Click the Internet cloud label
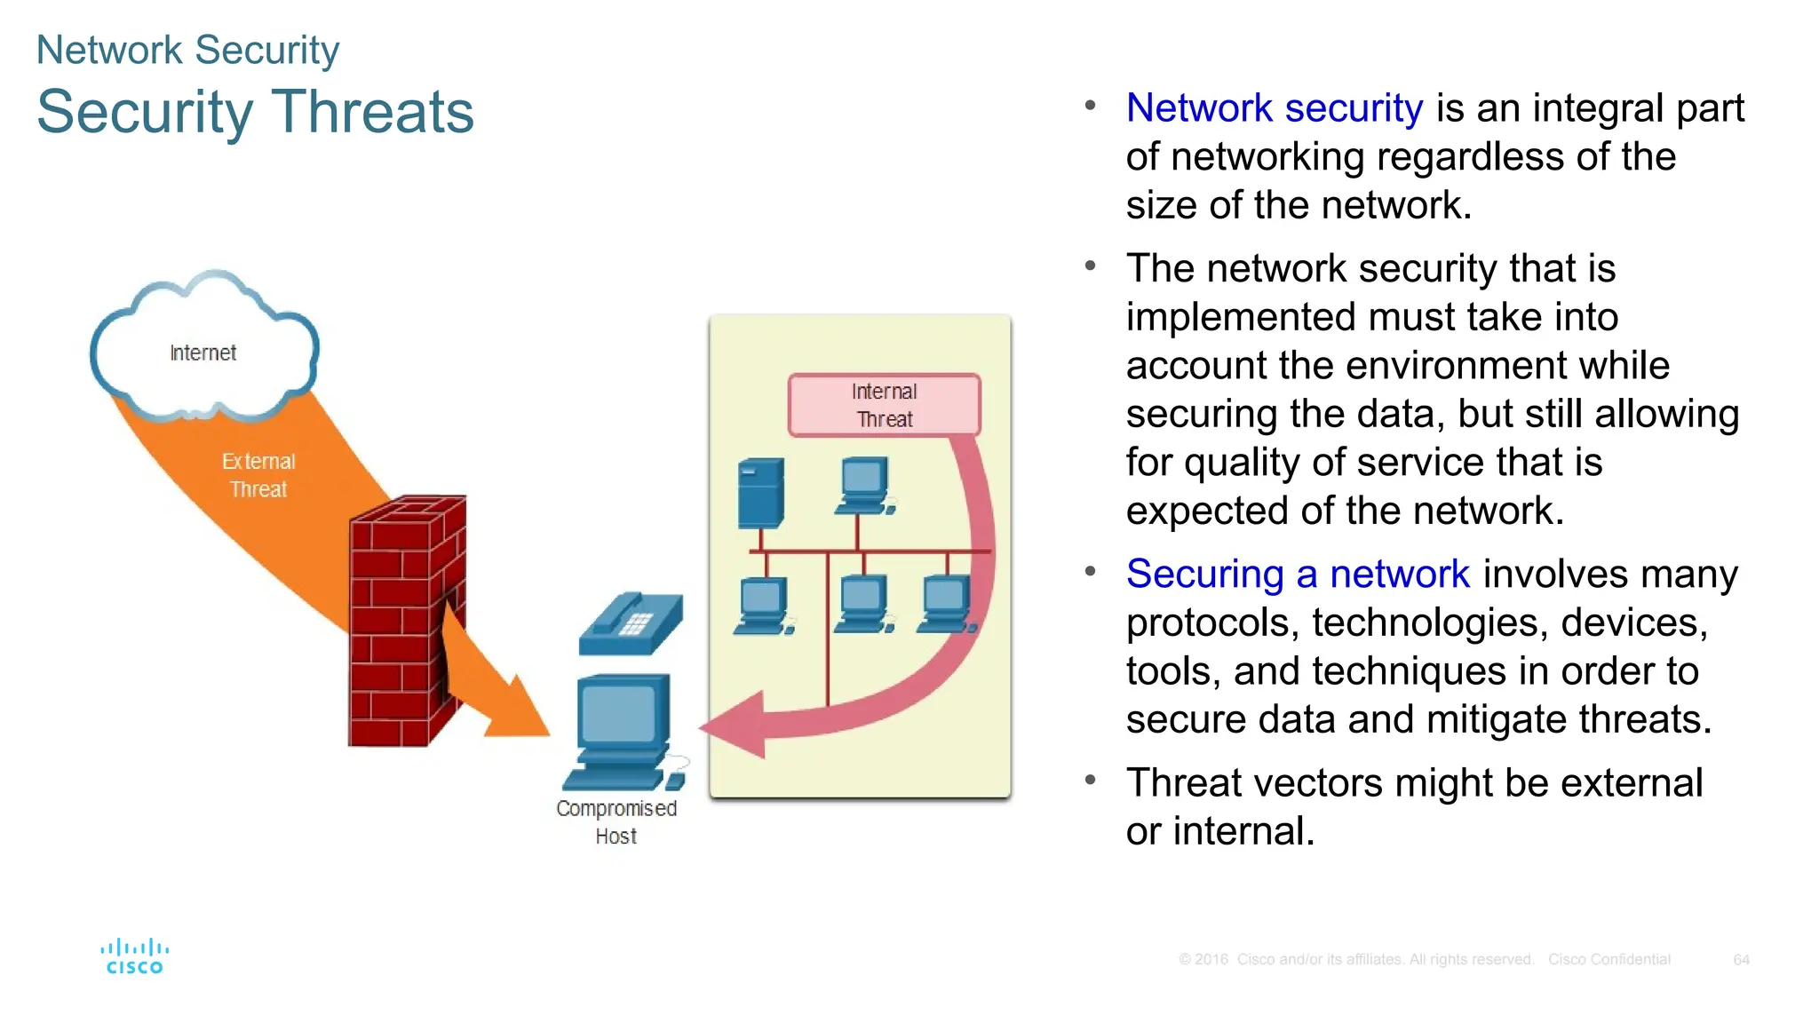click(x=203, y=353)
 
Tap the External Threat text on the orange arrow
click(x=258, y=475)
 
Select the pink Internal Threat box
click(x=884, y=405)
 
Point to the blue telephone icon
click(x=631, y=623)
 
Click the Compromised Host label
click(x=616, y=821)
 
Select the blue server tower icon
click(x=761, y=493)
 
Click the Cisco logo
click(x=134, y=956)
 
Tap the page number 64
click(x=1741, y=960)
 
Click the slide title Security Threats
click(x=255, y=113)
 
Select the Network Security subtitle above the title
click(x=187, y=51)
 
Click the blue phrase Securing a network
click(x=1298, y=574)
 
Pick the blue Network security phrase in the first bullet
click(x=1275, y=108)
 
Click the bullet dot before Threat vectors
click(x=1090, y=781)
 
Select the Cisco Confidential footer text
click(x=1609, y=960)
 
